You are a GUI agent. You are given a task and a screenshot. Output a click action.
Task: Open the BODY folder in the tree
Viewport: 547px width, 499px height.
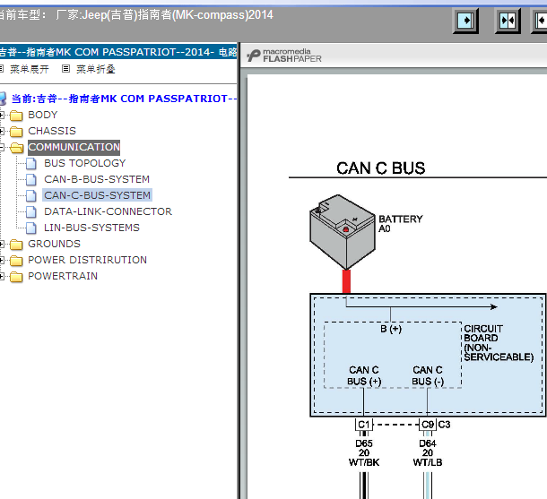point(42,115)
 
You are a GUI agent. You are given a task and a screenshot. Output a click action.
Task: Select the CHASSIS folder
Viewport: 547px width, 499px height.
point(52,131)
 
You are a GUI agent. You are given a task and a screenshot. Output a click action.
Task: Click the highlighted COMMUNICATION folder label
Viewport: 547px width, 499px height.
point(74,147)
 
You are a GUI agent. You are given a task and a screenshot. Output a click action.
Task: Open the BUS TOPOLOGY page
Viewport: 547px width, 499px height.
point(85,163)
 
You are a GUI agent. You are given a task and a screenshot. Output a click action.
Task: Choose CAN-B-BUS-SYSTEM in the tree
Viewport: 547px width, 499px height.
point(97,179)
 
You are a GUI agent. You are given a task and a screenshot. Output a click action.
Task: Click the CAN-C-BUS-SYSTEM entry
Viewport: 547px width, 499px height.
point(98,195)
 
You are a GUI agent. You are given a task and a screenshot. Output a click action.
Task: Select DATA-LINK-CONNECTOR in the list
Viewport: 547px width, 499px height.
point(108,211)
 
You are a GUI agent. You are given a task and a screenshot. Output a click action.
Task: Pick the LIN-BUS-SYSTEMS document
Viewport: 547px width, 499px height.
point(91,228)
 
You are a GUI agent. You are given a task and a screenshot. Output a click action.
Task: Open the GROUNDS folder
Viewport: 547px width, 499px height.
point(54,244)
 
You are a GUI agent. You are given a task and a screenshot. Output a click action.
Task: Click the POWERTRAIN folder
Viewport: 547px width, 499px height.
point(63,276)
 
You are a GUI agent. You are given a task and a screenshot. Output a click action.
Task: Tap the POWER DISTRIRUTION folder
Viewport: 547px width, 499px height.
point(87,260)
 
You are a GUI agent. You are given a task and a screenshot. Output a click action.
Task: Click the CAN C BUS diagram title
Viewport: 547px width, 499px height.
point(381,168)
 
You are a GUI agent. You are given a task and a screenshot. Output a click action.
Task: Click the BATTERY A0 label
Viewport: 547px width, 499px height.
point(401,224)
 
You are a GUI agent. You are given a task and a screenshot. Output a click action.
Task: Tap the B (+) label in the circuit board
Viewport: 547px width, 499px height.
point(391,329)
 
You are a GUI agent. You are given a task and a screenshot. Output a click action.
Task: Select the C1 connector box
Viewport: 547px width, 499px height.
point(364,425)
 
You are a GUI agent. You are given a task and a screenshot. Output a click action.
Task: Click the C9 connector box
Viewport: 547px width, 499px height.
point(428,425)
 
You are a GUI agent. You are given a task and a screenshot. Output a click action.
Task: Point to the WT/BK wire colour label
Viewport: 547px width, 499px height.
point(364,462)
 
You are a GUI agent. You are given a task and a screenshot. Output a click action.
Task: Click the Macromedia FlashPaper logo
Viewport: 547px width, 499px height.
point(284,56)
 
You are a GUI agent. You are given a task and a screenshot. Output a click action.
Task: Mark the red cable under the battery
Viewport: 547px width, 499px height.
point(346,281)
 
